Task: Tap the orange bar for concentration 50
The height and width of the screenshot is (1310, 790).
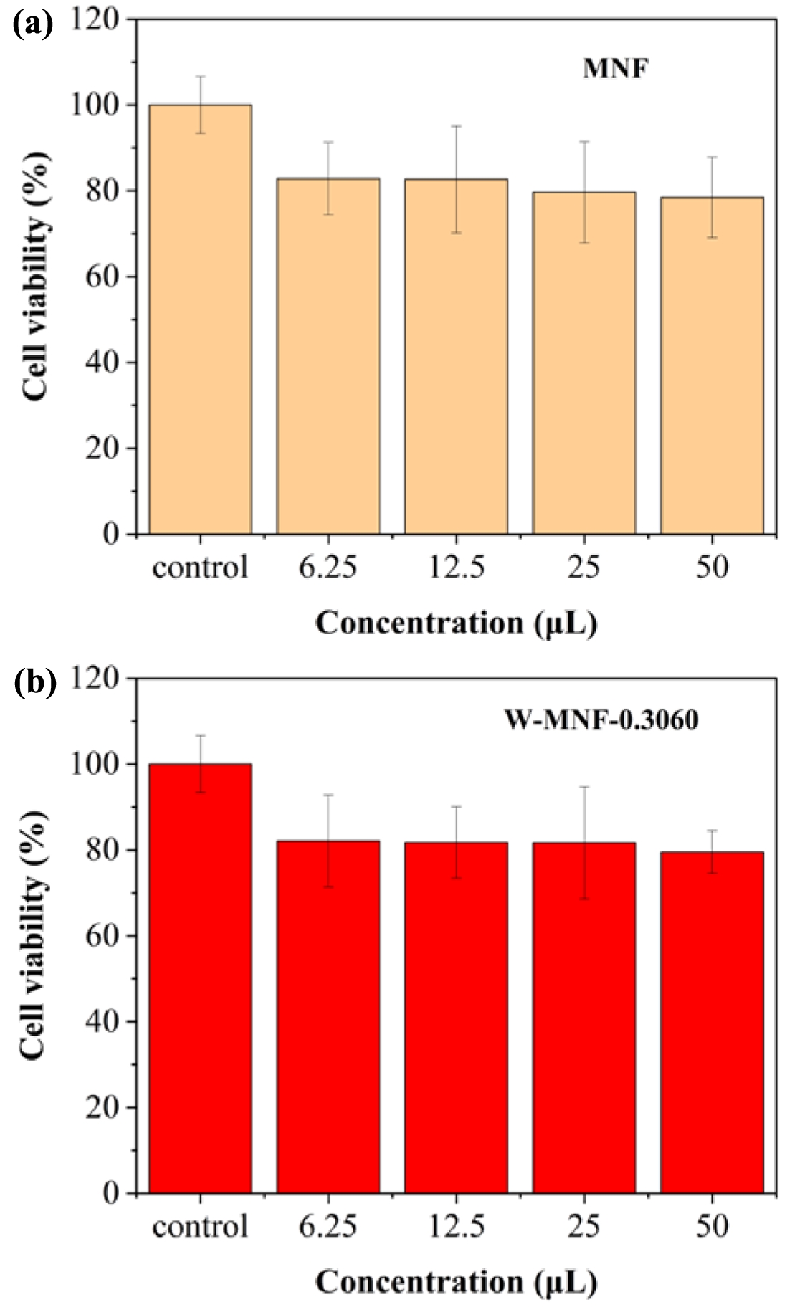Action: (x=712, y=365)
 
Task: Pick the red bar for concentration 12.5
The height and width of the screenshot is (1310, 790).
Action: (x=456, y=1018)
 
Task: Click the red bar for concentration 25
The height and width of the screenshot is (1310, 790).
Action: (x=584, y=1018)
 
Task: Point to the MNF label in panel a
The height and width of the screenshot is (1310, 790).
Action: (x=615, y=69)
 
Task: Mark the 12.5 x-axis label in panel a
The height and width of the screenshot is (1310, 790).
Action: (x=456, y=568)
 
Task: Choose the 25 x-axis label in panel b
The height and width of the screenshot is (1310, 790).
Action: (x=584, y=1226)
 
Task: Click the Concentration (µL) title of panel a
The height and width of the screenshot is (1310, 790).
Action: (x=456, y=623)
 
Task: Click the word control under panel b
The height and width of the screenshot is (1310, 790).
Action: (x=200, y=1226)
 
